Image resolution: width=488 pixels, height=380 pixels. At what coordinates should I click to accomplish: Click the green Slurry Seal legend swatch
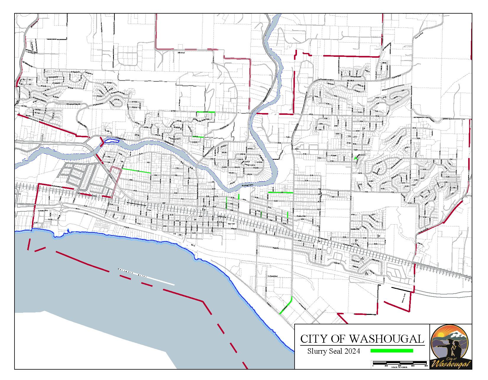point(392,351)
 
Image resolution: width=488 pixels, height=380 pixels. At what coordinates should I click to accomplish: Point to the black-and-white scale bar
point(400,363)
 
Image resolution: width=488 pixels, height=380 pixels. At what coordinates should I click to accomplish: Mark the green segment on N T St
point(206,112)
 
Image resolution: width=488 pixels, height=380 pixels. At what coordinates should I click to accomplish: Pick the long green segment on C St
point(280,193)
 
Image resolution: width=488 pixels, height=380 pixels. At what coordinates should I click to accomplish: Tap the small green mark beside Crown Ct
point(356,158)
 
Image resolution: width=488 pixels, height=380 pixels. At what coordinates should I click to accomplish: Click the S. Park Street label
point(273,276)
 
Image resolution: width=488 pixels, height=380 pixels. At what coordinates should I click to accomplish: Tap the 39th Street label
point(181,53)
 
